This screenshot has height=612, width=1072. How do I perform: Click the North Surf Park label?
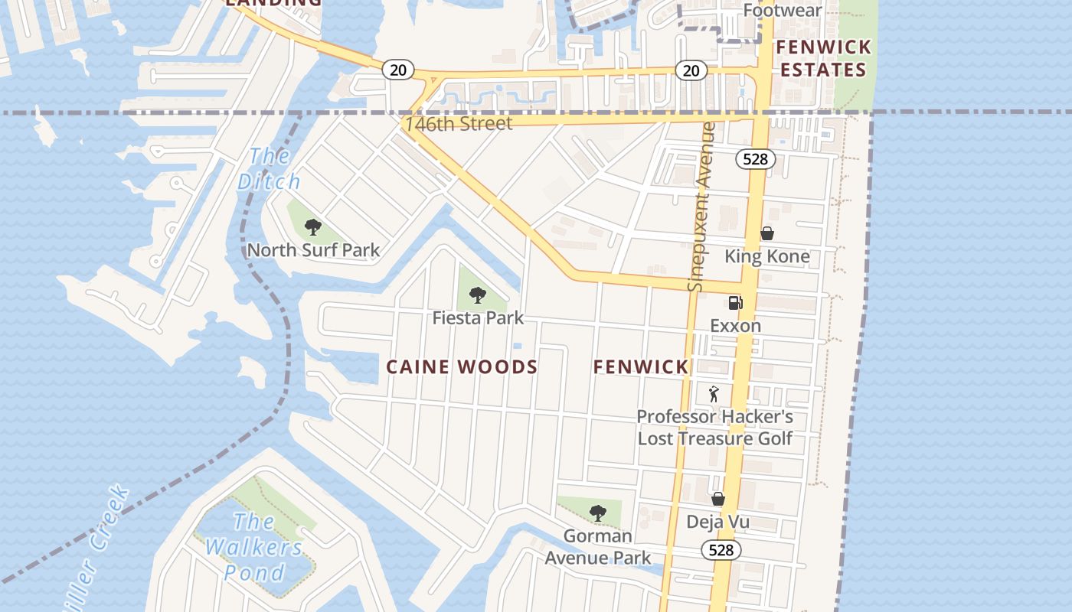click(x=312, y=250)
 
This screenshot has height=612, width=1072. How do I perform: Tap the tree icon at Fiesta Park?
click(x=478, y=295)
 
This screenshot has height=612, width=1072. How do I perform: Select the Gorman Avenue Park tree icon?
click(x=598, y=513)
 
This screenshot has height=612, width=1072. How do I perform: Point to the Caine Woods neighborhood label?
click(x=462, y=367)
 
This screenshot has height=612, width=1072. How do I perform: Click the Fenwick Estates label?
click(x=823, y=59)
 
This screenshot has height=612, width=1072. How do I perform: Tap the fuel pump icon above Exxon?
click(x=735, y=303)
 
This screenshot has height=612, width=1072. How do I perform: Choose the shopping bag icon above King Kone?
click(x=766, y=233)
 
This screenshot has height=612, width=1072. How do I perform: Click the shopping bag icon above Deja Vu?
click(x=717, y=499)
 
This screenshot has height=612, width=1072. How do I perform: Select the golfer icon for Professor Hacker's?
click(x=714, y=394)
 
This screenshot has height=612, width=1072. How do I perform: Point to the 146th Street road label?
click(x=459, y=124)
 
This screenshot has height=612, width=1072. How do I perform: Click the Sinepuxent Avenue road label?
click(x=701, y=207)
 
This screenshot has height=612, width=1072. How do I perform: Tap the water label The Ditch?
click(x=269, y=169)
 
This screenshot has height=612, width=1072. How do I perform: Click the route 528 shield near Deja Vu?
click(x=721, y=550)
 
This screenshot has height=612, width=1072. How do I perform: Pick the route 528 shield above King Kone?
click(x=756, y=159)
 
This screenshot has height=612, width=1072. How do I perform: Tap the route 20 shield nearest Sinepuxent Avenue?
click(x=691, y=70)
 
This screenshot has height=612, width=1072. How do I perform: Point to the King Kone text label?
click(x=766, y=256)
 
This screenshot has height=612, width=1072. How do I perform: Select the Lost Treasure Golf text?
click(x=714, y=438)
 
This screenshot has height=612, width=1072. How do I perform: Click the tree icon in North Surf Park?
click(x=312, y=226)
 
